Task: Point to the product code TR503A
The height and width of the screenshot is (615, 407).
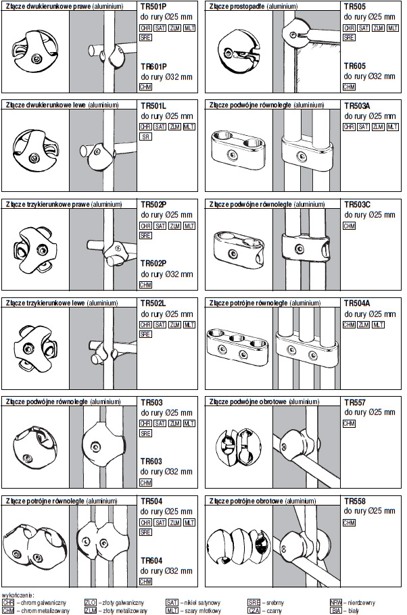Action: (x=357, y=106)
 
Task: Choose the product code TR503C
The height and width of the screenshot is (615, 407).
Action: (x=357, y=205)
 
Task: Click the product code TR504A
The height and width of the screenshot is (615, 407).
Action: (x=357, y=304)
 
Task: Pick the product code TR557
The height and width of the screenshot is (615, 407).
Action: (x=354, y=403)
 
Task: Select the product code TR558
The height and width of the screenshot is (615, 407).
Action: (x=354, y=501)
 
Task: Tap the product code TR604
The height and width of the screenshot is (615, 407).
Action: (x=151, y=560)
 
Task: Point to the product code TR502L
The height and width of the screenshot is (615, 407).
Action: (x=153, y=304)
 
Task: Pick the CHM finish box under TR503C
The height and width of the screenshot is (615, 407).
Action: (x=349, y=226)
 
